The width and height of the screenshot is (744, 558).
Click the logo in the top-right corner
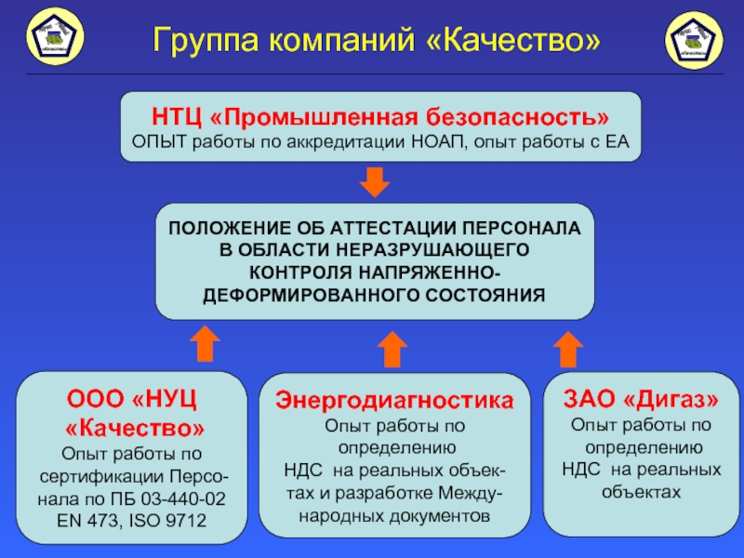tap(696, 40)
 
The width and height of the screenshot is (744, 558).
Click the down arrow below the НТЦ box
tap(375, 181)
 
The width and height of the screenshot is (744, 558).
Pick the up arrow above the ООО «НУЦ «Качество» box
tap(204, 344)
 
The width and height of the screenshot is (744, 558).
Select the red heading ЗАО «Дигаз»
tap(642, 399)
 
